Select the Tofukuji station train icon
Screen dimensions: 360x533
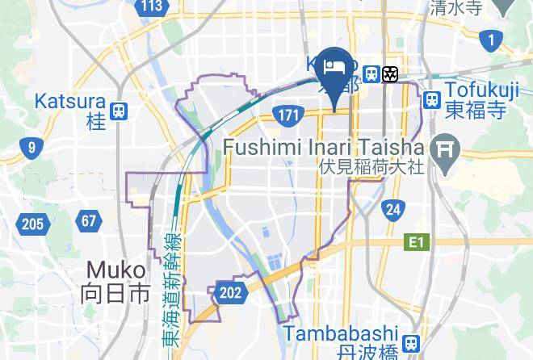pos(432,99)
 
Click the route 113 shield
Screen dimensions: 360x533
pos(151,7)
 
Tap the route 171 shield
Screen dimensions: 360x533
pos(287,116)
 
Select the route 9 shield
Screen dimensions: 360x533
pos(31,147)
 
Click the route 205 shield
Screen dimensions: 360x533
pos(32,224)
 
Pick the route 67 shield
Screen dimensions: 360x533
pos(88,220)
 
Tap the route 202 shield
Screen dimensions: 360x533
pos(230,292)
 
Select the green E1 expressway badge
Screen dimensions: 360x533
pos(416,241)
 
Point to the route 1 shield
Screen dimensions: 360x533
pos(489,39)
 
